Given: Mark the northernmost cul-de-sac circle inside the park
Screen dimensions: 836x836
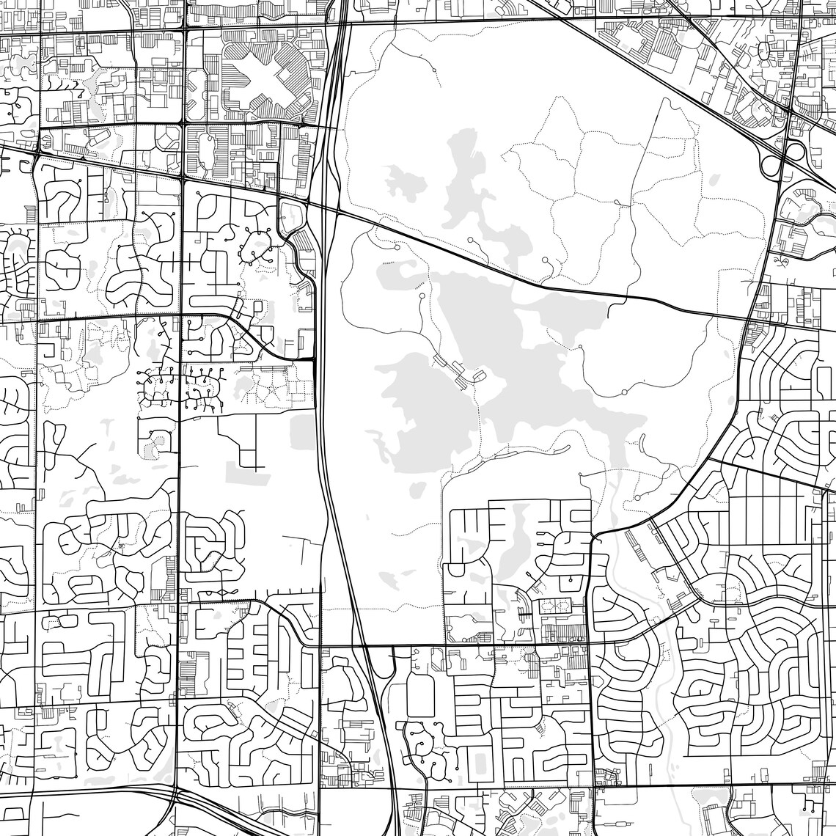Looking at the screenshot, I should pos(436,70).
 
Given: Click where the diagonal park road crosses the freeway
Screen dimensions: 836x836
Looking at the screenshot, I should pos(327,208).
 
